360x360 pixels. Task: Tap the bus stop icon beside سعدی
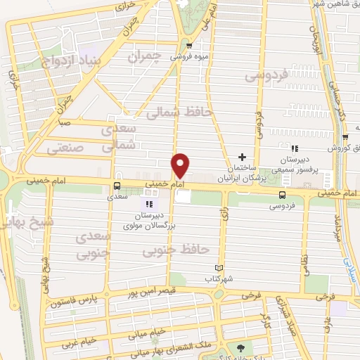tap(117, 186)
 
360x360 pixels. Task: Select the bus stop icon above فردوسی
tap(282, 195)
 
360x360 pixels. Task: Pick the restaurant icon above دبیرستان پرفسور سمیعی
tap(295, 148)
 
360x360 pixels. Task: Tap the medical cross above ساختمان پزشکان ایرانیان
tap(243, 157)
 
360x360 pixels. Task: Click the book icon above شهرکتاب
tap(218, 268)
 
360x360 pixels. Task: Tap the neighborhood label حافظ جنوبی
tap(184, 248)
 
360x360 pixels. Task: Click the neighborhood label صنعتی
tap(65, 148)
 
